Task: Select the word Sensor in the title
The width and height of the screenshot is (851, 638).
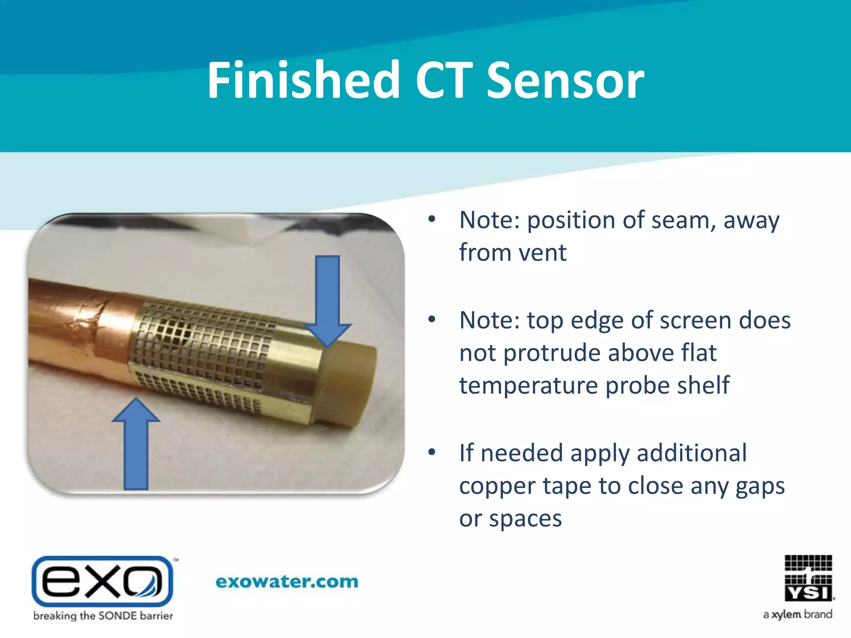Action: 565,81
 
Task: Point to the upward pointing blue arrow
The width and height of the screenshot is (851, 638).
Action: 136,444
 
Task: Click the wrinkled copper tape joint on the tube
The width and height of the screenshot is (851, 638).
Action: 89,316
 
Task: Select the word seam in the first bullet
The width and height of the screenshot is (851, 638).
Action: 683,220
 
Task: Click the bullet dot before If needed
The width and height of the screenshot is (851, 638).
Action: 432,452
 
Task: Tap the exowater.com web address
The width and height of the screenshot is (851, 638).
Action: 287,582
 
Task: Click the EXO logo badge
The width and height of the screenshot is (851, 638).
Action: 102,581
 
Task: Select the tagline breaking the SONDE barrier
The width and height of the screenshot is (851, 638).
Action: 103,616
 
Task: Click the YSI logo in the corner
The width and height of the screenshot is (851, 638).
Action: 808,578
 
